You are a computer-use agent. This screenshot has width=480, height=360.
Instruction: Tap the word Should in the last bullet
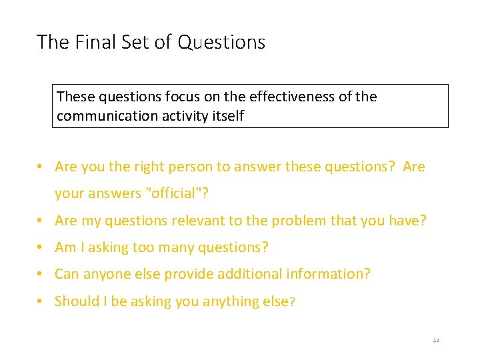77,301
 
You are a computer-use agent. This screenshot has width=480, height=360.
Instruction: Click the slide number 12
436,341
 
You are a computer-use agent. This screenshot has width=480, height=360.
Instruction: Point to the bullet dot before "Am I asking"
41,247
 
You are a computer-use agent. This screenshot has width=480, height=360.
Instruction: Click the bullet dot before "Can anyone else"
41,274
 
